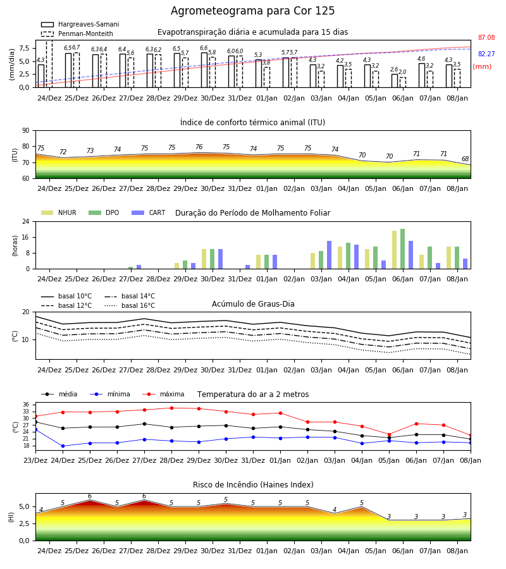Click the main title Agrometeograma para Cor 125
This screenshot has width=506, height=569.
(x=252, y=11)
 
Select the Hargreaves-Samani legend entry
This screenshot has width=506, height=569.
(x=80, y=24)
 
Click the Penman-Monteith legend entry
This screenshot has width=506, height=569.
(x=77, y=34)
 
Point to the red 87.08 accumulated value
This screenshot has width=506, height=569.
(x=486, y=37)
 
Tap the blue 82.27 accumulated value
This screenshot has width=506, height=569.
(x=486, y=54)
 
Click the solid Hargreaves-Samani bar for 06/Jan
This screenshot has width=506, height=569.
(x=395, y=80)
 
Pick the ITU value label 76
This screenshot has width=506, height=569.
(x=199, y=147)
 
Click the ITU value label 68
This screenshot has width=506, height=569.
(x=466, y=159)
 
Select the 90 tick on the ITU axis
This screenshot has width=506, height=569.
(x=26, y=131)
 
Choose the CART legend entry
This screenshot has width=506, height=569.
(x=149, y=212)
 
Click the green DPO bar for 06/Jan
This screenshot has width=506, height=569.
(x=402, y=249)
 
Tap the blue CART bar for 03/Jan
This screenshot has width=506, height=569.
(x=330, y=255)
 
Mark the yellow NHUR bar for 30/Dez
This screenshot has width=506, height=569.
(x=204, y=259)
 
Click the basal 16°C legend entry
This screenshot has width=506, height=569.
(x=130, y=305)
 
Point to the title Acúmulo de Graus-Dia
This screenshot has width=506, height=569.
(x=253, y=303)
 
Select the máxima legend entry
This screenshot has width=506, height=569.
(x=163, y=394)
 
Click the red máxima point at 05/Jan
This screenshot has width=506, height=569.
(x=390, y=434)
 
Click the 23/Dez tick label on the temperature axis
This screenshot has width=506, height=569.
(x=35, y=460)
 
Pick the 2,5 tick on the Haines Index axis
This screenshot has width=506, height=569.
(x=24, y=523)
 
